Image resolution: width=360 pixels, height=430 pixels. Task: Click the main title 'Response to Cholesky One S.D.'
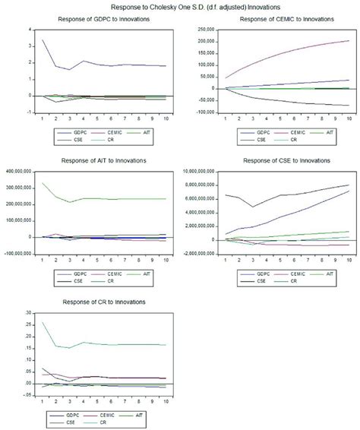[180, 5]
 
